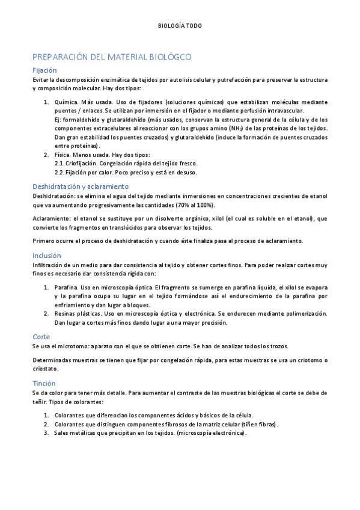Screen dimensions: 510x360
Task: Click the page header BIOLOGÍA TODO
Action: pos(180,26)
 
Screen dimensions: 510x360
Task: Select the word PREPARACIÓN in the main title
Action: pos(59,57)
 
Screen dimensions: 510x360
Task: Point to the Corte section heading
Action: pos(41,337)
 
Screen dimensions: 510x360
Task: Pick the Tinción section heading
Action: pos(44,383)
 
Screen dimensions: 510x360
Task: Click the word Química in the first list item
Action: pos(66,102)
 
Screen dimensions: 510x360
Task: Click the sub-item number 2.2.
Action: pos(59,172)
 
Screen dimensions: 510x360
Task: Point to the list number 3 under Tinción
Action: pos(46,432)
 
